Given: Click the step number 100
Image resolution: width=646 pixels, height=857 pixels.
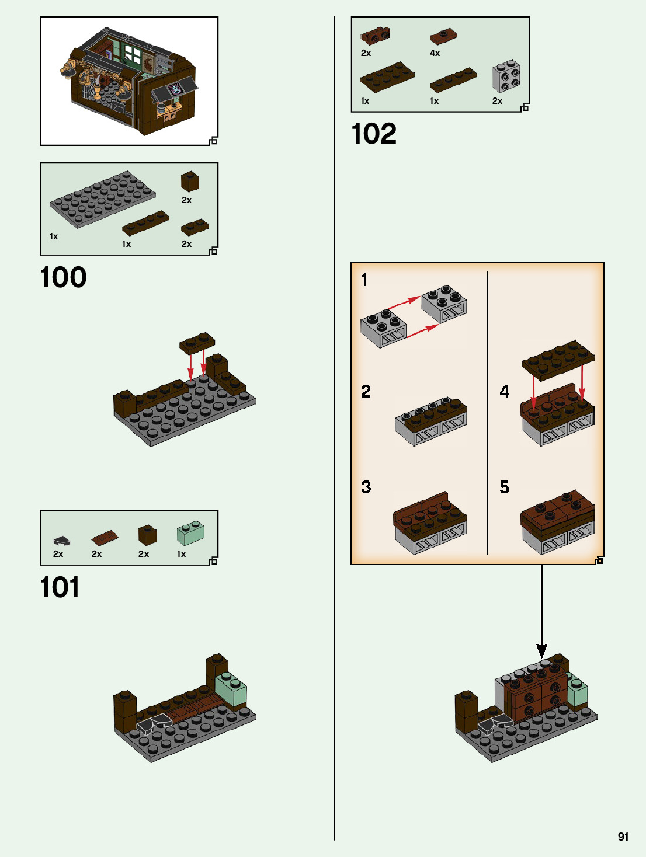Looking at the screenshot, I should [63, 277].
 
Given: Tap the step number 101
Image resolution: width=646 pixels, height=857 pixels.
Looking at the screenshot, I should [60, 587].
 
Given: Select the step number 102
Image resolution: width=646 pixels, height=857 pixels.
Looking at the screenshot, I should [374, 134].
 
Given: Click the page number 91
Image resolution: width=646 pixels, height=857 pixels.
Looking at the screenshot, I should [623, 837].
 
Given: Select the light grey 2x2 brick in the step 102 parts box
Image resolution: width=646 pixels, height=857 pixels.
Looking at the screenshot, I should [506, 76].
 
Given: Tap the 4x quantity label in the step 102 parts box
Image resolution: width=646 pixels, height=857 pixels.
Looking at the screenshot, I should [435, 53].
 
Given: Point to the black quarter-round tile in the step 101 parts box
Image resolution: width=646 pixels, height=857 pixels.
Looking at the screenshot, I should [61, 541].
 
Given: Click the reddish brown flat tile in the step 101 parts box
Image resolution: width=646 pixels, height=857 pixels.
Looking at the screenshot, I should [105, 537].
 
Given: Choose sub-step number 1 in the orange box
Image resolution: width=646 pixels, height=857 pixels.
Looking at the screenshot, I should [364, 280].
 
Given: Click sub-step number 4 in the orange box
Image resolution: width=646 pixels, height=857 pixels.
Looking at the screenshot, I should [505, 391].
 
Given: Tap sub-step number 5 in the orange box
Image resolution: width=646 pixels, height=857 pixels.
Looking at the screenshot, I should [505, 487].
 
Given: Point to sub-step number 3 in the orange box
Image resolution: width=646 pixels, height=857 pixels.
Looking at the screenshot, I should [366, 487].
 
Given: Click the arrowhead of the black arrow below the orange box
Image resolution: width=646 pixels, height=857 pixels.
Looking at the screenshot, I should [541, 651].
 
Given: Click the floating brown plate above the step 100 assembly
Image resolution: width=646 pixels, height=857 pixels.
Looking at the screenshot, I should [197, 343].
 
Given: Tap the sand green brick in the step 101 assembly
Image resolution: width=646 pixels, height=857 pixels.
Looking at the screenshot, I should [231, 689].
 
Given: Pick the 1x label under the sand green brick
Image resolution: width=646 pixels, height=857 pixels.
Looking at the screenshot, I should [182, 554].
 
